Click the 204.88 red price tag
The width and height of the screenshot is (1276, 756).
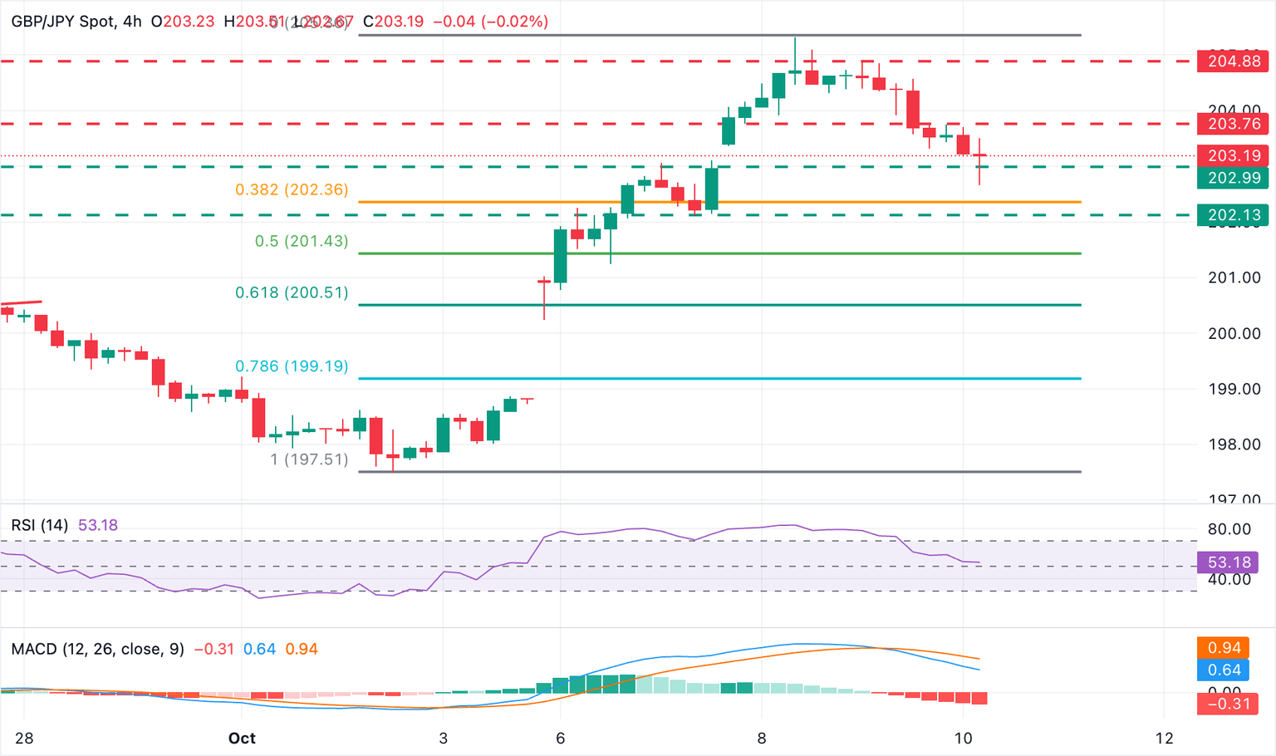pos(1233,61)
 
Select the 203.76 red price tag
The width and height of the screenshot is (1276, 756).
pos(1233,124)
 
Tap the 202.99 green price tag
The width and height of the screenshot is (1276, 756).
pos(1233,178)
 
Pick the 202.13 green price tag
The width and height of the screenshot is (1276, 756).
pos(1233,215)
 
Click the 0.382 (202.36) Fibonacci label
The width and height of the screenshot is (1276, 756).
pos(292,189)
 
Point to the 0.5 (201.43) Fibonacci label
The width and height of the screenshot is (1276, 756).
pos(302,241)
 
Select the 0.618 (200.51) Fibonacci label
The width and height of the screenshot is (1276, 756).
pos(292,292)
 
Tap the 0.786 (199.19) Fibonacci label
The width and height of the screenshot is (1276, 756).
pos(292,366)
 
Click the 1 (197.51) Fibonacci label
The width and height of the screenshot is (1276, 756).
pos(309,459)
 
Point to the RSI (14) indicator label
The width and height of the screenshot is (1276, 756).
pos(40,525)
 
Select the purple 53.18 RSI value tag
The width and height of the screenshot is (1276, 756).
pos(1228,562)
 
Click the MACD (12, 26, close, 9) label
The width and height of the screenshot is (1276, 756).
pos(98,649)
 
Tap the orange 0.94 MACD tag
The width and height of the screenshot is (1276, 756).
pos(1224,648)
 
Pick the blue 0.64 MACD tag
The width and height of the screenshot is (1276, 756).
pos(1224,670)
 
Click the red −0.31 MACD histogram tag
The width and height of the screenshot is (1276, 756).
pos(1224,704)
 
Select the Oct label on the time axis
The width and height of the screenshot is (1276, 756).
pos(242,738)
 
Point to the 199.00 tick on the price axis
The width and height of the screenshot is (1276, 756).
pos(1234,389)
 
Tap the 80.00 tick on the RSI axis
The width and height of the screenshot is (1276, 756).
pos(1229,529)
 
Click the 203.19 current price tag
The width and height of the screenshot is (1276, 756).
pos(1233,155)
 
